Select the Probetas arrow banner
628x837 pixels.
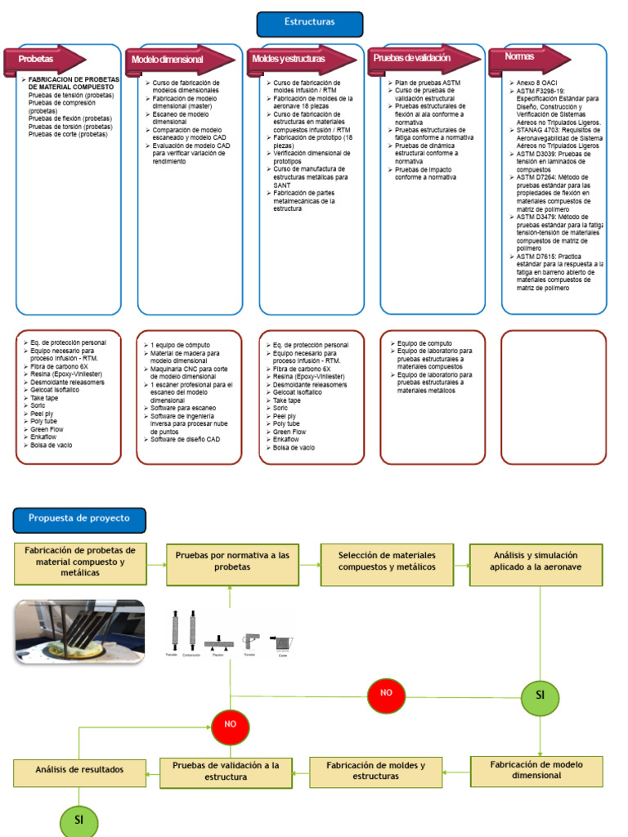click(x=46, y=60)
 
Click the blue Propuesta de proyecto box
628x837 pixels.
click(x=79, y=518)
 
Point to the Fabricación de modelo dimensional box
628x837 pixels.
click(x=536, y=770)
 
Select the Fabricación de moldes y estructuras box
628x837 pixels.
click(x=375, y=771)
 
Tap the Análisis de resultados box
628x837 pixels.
click(x=79, y=770)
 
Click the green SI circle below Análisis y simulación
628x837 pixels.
click(x=540, y=696)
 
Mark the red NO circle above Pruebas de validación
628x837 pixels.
click(x=231, y=725)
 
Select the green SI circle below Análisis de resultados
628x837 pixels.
click(x=79, y=820)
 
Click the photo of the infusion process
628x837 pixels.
click(x=80, y=630)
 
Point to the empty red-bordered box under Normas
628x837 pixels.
click(x=554, y=396)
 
